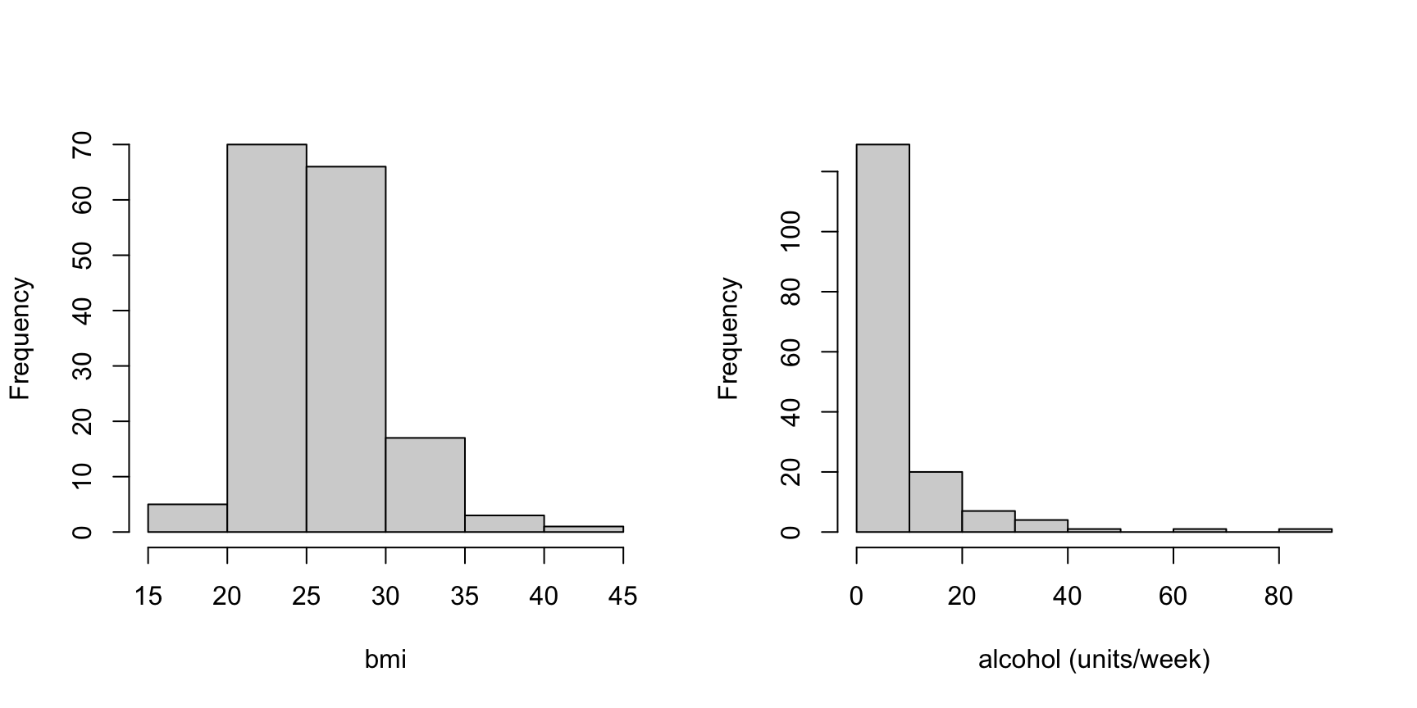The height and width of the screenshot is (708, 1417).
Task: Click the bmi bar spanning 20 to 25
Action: click(267, 338)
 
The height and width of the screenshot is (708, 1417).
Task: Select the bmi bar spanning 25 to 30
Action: click(346, 349)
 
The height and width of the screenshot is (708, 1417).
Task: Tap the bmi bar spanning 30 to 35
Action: click(426, 485)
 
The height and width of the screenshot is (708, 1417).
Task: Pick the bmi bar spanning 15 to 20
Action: click(188, 518)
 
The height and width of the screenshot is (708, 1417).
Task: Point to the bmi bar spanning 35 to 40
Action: click(504, 524)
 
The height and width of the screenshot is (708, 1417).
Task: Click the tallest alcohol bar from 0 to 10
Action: click(883, 338)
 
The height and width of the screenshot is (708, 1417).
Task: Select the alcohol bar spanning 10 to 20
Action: click(936, 502)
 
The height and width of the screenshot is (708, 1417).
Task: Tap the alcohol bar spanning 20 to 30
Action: click(989, 521)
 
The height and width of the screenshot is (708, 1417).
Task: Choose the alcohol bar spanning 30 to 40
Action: click(1041, 526)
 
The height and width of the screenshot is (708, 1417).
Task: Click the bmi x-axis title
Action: click(385, 660)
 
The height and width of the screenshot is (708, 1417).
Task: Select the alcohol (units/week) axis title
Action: click(1094, 660)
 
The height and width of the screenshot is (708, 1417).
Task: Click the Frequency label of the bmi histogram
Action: click(20, 338)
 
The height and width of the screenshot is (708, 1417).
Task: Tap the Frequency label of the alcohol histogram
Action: click(728, 338)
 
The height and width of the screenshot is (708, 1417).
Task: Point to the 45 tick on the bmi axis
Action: click(623, 596)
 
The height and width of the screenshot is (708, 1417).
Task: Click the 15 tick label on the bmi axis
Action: click(148, 596)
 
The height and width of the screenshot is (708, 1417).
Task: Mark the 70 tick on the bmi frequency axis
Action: click(82, 144)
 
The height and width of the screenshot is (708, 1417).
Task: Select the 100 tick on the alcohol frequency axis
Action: click(791, 232)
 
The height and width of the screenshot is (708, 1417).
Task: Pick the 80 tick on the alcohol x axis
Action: click(1279, 596)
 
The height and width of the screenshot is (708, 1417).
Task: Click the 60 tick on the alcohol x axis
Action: click(1173, 596)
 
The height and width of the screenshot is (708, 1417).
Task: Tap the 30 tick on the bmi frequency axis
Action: click(82, 365)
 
